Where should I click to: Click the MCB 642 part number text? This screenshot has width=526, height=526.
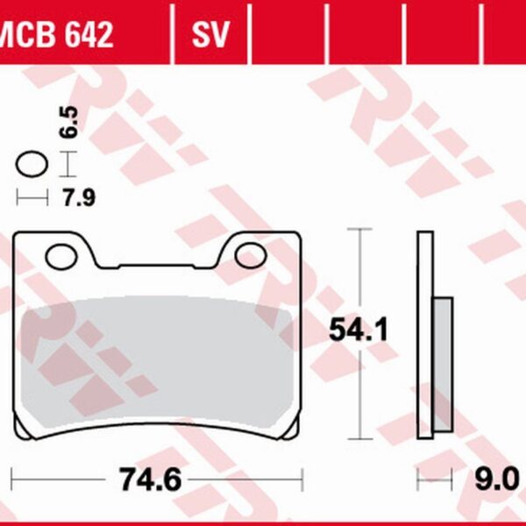point(57,35)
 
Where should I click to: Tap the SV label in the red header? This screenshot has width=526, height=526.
point(210,35)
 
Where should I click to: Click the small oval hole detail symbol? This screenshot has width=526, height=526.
point(32,163)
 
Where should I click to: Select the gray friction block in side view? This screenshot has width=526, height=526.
point(443,364)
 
